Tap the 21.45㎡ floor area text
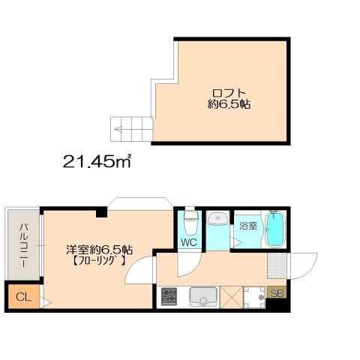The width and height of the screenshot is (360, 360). coord(97,160)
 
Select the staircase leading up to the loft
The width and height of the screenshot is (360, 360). coord(132,129)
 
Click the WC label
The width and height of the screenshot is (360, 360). coord(188,243)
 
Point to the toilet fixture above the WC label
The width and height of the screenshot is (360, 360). coord(190,223)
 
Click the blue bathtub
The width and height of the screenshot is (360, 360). coord(276,229)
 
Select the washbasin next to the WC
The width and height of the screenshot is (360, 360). coord(217,220)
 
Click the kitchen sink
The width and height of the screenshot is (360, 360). coord(202,298)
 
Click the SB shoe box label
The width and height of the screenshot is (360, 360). coord(277,293)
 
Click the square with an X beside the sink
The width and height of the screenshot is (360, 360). coord(232,298)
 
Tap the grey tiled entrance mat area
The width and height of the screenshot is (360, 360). coord(277,265)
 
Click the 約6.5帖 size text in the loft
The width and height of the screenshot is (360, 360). coord(229,106)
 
